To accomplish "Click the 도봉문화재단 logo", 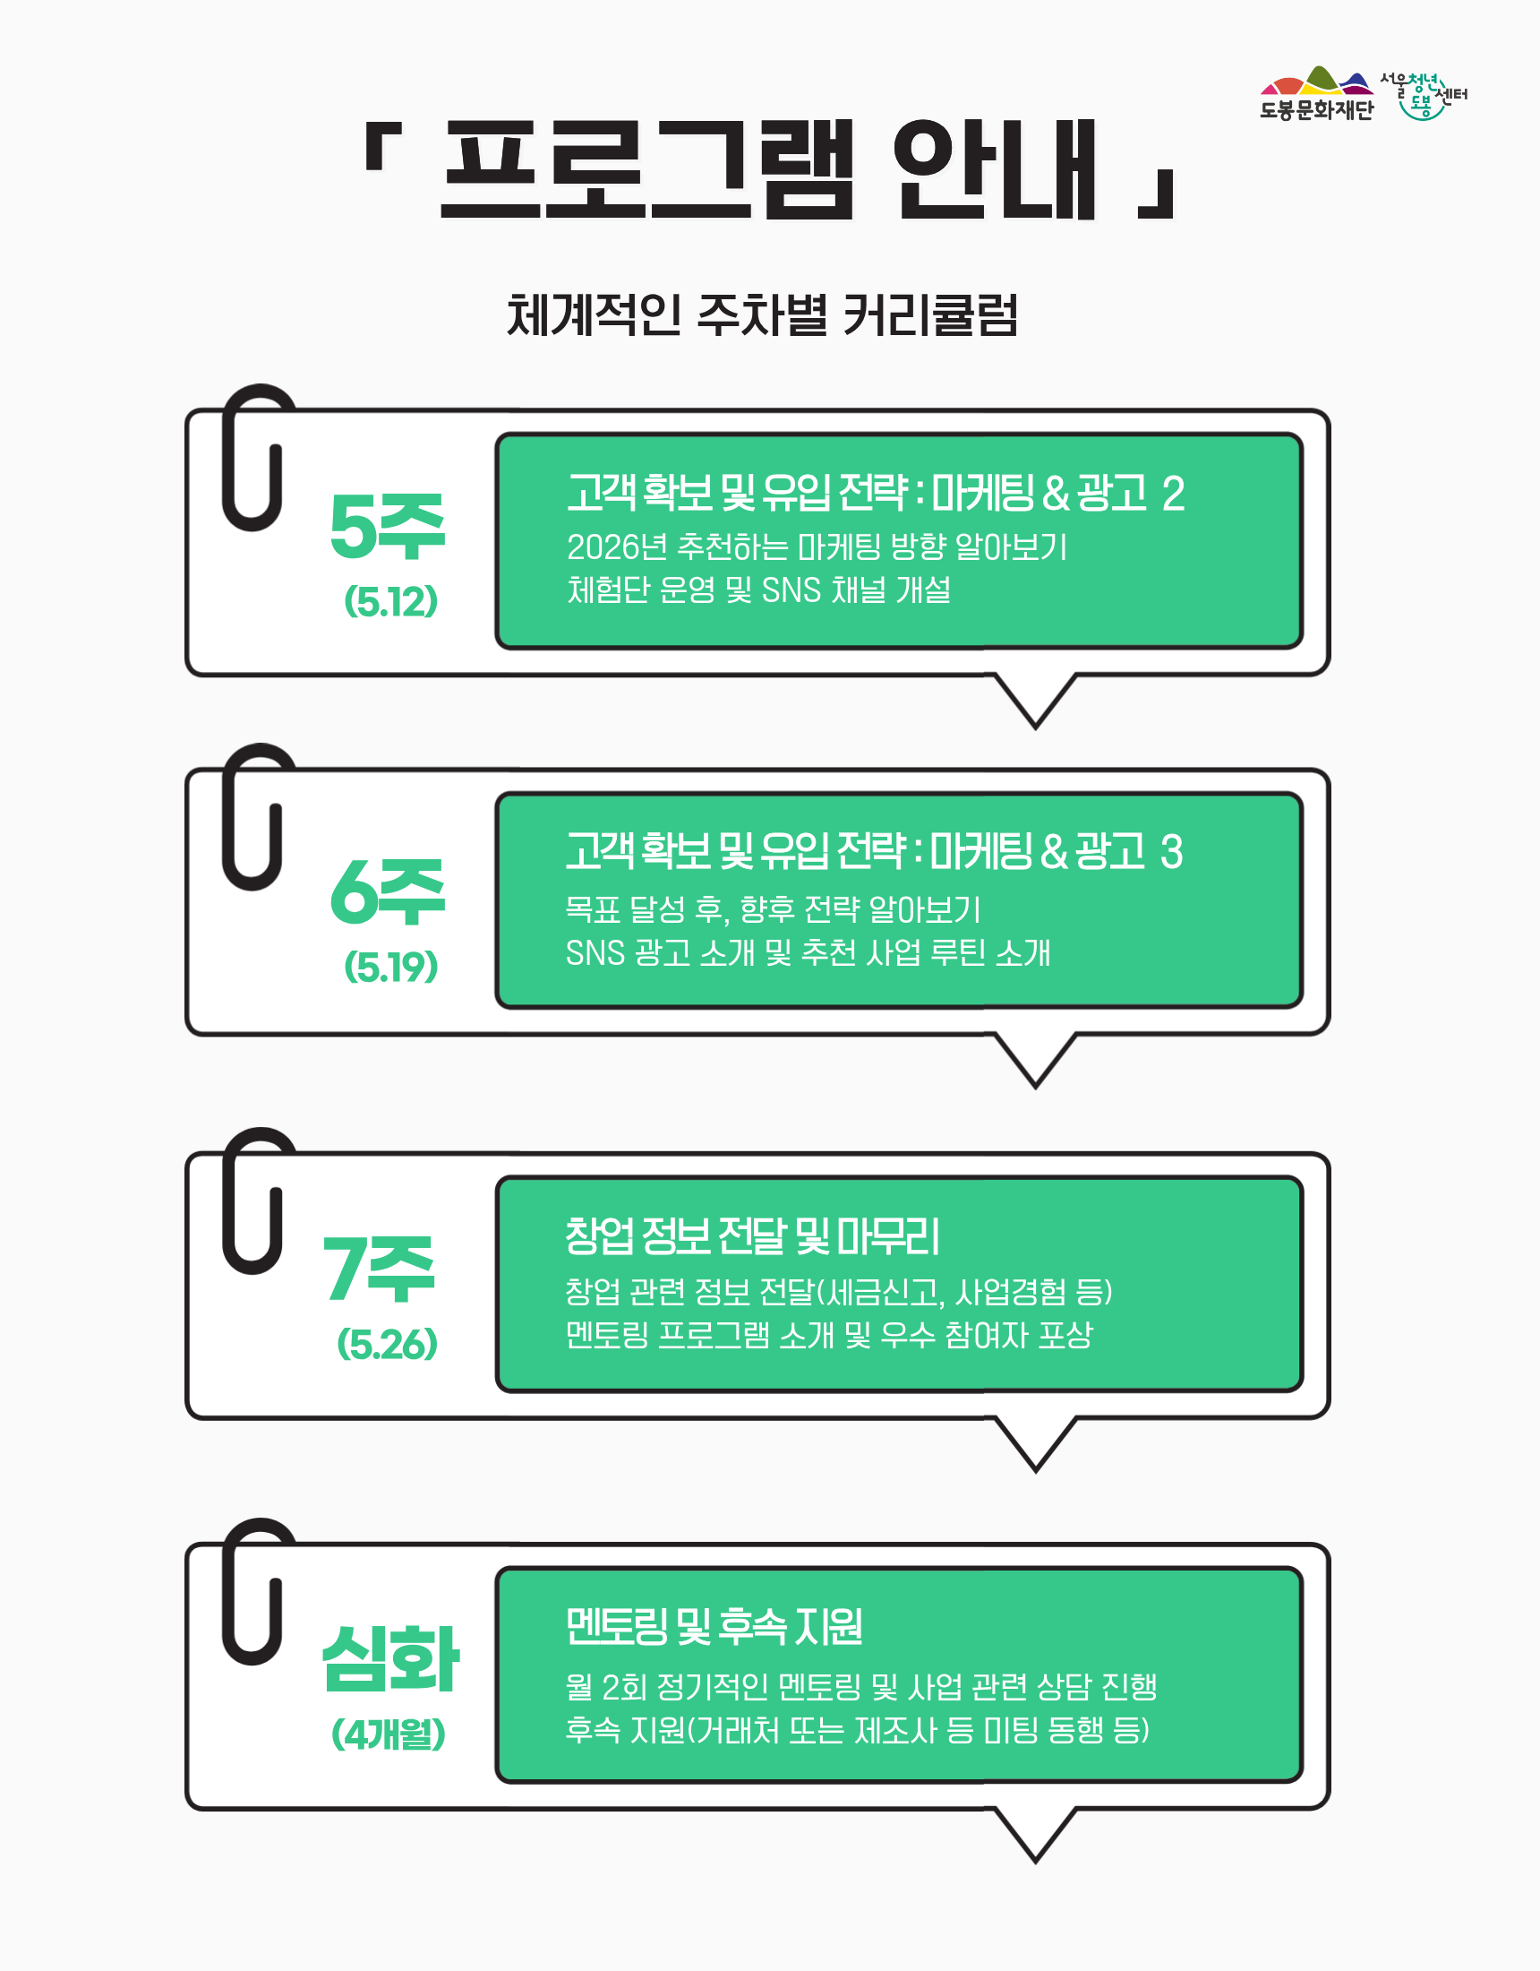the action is point(1316,93).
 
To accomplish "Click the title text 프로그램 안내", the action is point(769,169).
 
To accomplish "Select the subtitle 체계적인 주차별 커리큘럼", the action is point(762,315).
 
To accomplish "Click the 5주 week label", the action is point(387,526).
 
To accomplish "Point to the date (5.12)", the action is point(390,601).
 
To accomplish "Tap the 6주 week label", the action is point(387,891).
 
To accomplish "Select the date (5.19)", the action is point(390,967).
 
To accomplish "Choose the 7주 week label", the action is point(380,1269).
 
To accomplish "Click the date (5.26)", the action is point(387,1344).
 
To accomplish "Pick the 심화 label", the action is point(390,1658).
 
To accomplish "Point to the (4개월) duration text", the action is point(388,1734).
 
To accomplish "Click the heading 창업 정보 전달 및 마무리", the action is point(752,1235).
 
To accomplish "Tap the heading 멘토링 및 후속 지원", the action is point(714,1625).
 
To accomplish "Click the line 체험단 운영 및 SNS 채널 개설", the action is point(758,590).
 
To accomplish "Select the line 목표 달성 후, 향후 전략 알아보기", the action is point(773,908).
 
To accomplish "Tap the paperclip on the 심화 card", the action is point(256,1591).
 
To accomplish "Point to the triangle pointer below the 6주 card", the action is point(1036,1061).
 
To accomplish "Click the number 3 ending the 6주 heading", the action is point(1171,852).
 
